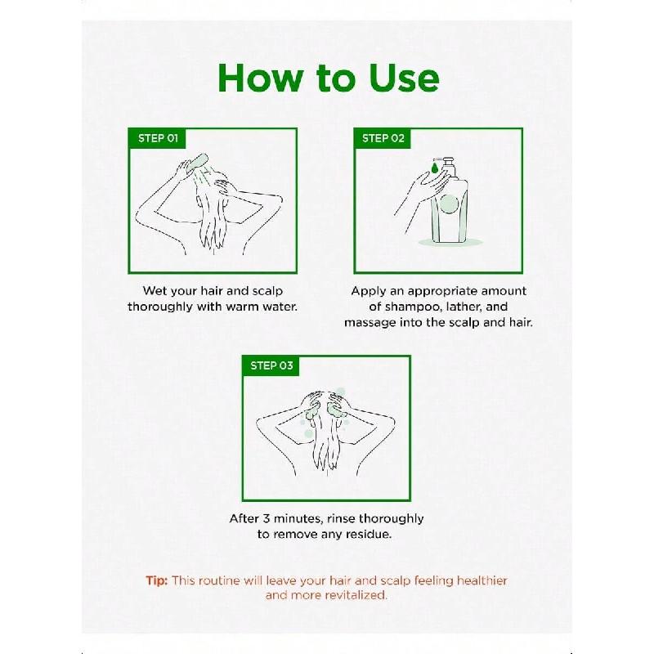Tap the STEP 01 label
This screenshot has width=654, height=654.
pos(158,138)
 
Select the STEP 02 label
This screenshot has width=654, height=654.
pos(383,138)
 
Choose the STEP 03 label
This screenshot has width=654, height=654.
pos(271,365)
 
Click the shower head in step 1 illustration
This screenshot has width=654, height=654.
pos(197,162)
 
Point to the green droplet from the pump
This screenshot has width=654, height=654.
pos(435,168)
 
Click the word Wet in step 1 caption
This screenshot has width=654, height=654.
pos(155,291)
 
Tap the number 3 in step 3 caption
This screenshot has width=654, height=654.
pos(267,518)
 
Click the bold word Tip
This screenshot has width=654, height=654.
pos(157,581)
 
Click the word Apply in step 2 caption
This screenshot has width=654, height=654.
pos(369,292)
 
